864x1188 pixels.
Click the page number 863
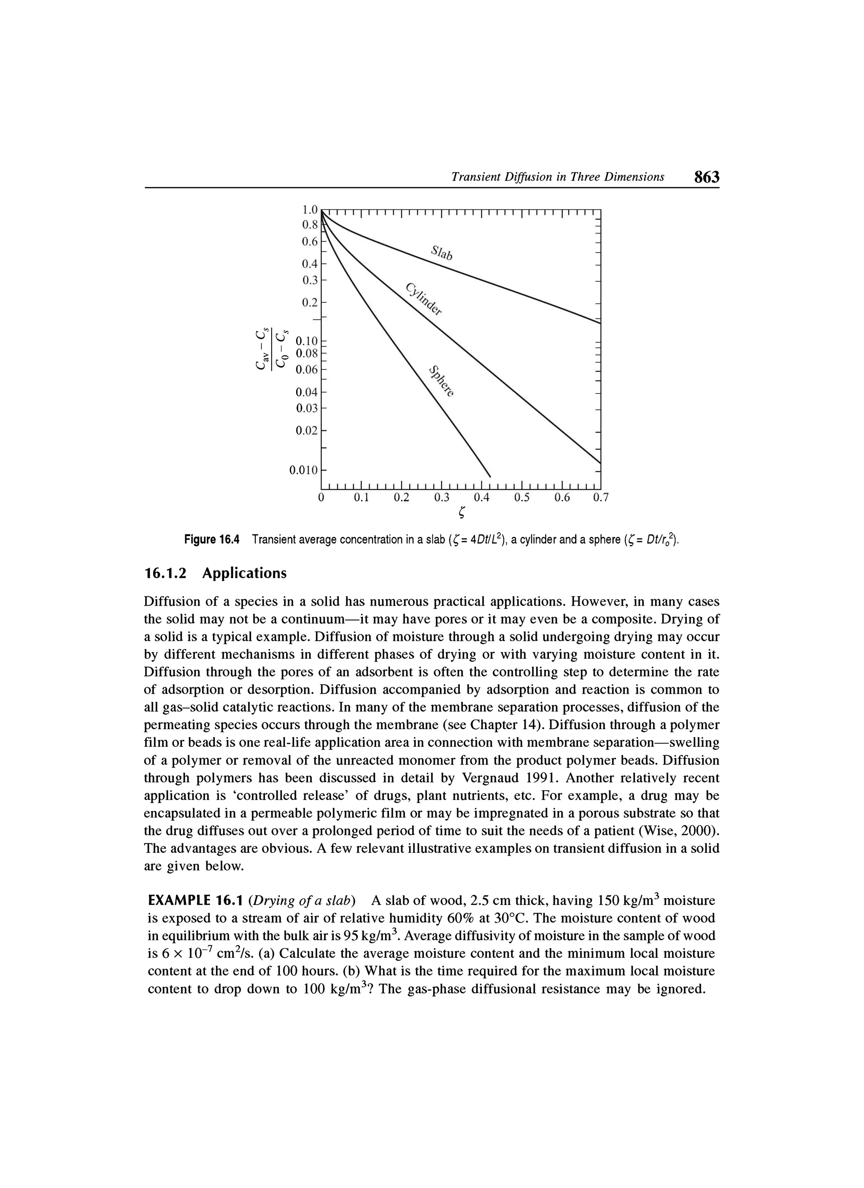coord(706,177)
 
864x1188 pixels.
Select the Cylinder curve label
coord(424,299)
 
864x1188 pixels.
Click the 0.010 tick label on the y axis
coord(304,470)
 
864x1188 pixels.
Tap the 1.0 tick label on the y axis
coord(310,210)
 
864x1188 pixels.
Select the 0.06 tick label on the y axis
coord(307,370)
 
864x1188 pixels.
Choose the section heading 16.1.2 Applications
coord(215,574)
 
